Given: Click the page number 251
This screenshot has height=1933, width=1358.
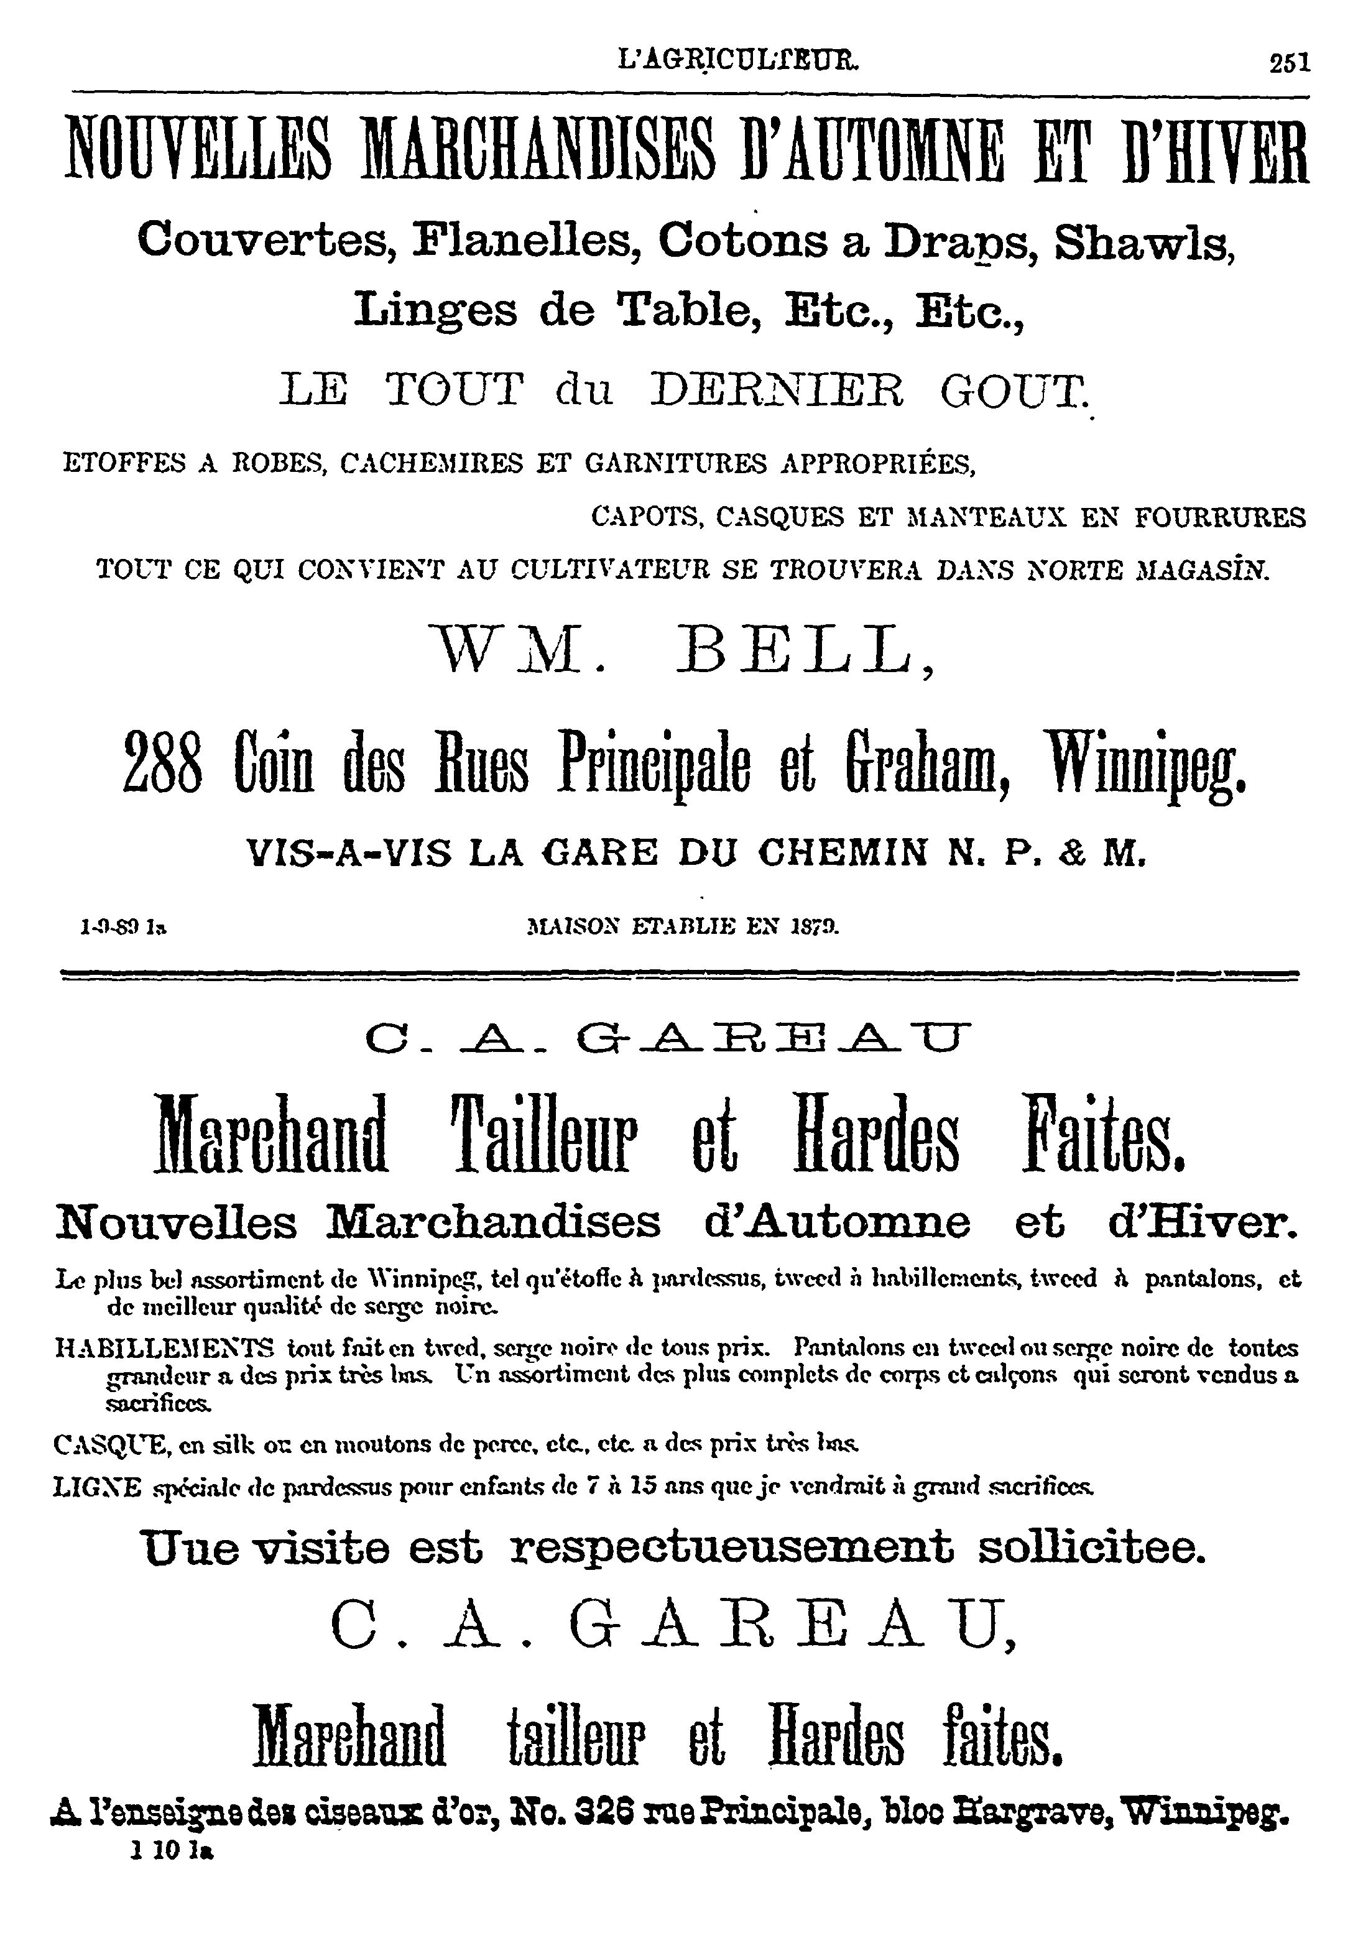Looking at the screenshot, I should click(x=1290, y=64).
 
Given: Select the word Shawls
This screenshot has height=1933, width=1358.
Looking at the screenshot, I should click(x=1145, y=242).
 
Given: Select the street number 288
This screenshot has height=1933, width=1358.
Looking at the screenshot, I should click(x=162, y=761).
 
